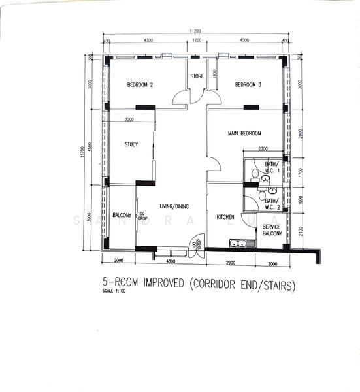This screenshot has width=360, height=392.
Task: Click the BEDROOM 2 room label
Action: click(x=140, y=84)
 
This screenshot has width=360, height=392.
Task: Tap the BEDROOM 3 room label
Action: click(x=248, y=84)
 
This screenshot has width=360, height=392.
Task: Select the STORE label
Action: click(x=197, y=76)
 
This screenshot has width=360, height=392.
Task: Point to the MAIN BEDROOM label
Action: click(x=246, y=133)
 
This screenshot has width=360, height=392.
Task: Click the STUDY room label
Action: click(x=131, y=144)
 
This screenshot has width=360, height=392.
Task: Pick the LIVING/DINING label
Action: click(x=174, y=206)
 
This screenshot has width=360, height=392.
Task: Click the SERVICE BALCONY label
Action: click(x=272, y=229)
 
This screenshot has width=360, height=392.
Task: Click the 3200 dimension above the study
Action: click(x=129, y=120)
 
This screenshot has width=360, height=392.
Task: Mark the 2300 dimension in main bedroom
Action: click(x=263, y=148)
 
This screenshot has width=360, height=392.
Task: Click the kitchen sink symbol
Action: click(x=242, y=244)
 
